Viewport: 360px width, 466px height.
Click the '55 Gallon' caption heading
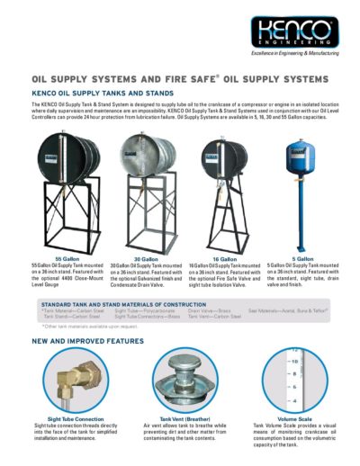click(x=61, y=259)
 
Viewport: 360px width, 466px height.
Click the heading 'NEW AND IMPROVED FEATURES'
click(x=88, y=342)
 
